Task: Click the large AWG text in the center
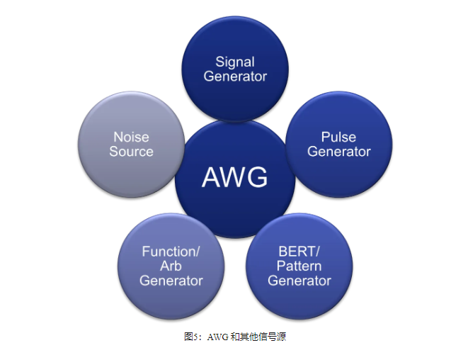coord(234,177)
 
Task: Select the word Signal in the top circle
coord(234,62)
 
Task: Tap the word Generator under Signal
coord(234,77)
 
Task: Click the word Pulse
coord(338,137)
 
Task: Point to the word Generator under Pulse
coord(338,152)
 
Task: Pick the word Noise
coord(131,137)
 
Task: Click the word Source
coord(131,152)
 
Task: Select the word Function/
coord(171,252)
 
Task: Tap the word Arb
coord(171,266)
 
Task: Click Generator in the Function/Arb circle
coord(171,281)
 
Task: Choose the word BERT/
coord(299,252)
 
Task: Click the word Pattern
coord(299,266)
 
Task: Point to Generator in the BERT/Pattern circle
coord(299,281)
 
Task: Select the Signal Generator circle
coord(234,96)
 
